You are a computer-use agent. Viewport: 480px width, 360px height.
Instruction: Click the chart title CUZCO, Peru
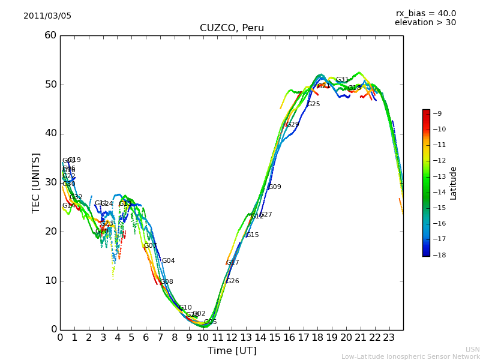(232, 28)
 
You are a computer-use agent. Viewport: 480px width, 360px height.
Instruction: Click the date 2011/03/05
(47, 16)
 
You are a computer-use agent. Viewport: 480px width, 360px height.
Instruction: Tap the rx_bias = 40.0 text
(425, 14)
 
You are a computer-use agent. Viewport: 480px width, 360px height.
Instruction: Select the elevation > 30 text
(425, 23)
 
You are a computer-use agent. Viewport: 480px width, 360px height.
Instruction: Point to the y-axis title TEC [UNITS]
(36, 183)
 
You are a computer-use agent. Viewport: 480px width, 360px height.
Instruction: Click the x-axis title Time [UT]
(232, 351)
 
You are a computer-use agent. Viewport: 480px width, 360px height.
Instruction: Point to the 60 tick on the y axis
(50, 35)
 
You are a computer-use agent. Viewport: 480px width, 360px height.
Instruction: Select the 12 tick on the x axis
(232, 338)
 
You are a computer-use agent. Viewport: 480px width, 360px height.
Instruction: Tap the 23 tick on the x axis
(389, 338)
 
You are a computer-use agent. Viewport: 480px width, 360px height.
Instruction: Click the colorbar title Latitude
(454, 183)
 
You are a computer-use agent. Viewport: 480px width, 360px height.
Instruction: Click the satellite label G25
(313, 104)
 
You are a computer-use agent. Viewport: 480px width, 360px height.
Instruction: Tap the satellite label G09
(275, 187)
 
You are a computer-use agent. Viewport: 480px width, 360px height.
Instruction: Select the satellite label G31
(342, 80)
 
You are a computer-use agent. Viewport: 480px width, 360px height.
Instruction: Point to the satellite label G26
(232, 281)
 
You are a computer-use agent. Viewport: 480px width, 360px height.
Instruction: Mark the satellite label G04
(168, 261)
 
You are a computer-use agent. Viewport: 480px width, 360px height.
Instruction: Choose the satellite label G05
(210, 322)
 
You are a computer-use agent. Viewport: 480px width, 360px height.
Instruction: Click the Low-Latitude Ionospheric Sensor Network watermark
(410, 357)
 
